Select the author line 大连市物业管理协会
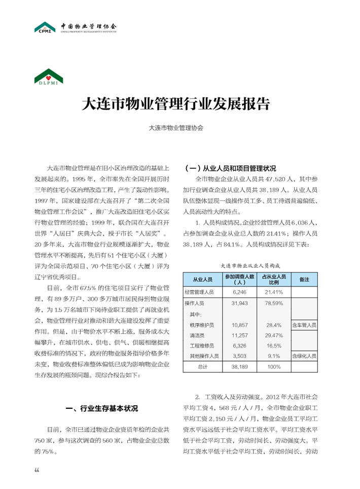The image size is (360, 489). click(x=175, y=128)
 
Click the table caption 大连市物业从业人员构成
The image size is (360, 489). click(x=251, y=265)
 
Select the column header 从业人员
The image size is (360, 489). click(x=202, y=280)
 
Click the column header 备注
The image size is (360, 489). click(x=304, y=280)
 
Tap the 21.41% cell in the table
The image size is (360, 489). click(x=274, y=292)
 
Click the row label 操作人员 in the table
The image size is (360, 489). click(x=195, y=303)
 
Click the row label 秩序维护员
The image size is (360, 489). click(x=202, y=325)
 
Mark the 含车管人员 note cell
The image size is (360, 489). click(x=304, y=325)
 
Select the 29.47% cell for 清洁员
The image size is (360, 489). click(x=274, y=335)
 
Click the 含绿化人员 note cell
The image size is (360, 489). click(x=304, y=356)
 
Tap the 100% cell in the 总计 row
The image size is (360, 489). click(x=274, y=366)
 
